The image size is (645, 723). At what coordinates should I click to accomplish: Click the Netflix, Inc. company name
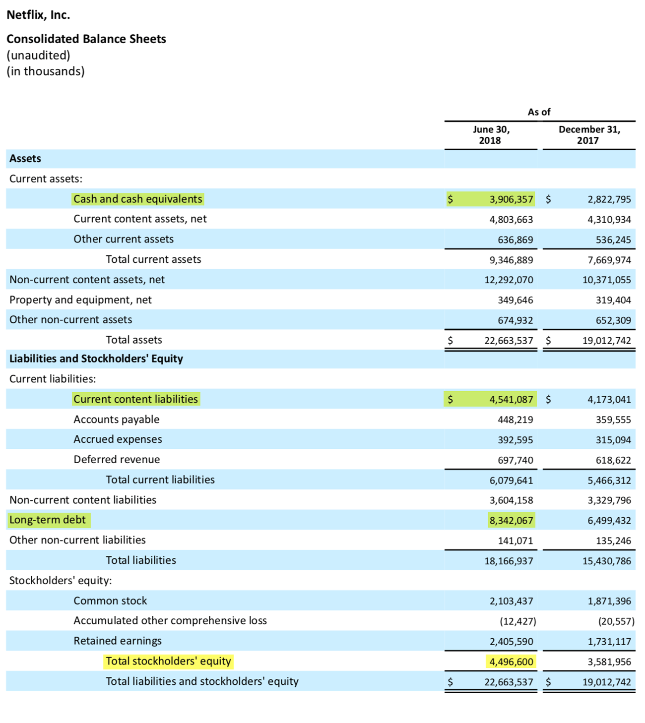[38, 15]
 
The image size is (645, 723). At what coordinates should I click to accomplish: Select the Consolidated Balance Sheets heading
[86, 39]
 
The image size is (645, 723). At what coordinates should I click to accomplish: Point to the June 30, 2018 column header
[490, 135]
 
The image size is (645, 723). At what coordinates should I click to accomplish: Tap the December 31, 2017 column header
[589, 135]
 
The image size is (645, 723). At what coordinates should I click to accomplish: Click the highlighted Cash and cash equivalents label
[137, 199]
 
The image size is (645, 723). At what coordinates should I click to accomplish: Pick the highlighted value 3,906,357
[511, 199]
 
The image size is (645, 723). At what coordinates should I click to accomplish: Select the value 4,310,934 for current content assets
[609, 220]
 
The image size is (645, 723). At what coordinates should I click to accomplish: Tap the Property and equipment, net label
[80, 300]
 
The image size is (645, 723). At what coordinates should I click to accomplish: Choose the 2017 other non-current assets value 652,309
[613, 320]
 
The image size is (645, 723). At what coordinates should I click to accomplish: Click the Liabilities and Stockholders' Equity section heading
[96, 359]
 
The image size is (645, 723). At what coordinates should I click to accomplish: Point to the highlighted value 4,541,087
[511, 399]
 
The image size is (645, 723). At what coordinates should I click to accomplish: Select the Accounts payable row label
[117, 420]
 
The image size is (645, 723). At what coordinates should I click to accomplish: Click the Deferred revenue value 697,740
[515, 460]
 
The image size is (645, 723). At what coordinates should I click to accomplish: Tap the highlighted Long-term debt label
[48, 520]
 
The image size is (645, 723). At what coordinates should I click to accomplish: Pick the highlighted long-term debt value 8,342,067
[511, 521]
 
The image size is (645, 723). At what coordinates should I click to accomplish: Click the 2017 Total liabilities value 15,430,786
[606, 561]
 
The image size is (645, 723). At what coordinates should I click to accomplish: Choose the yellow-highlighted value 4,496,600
[511, 662]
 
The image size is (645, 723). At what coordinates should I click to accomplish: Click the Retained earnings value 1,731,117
[609, 642]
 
